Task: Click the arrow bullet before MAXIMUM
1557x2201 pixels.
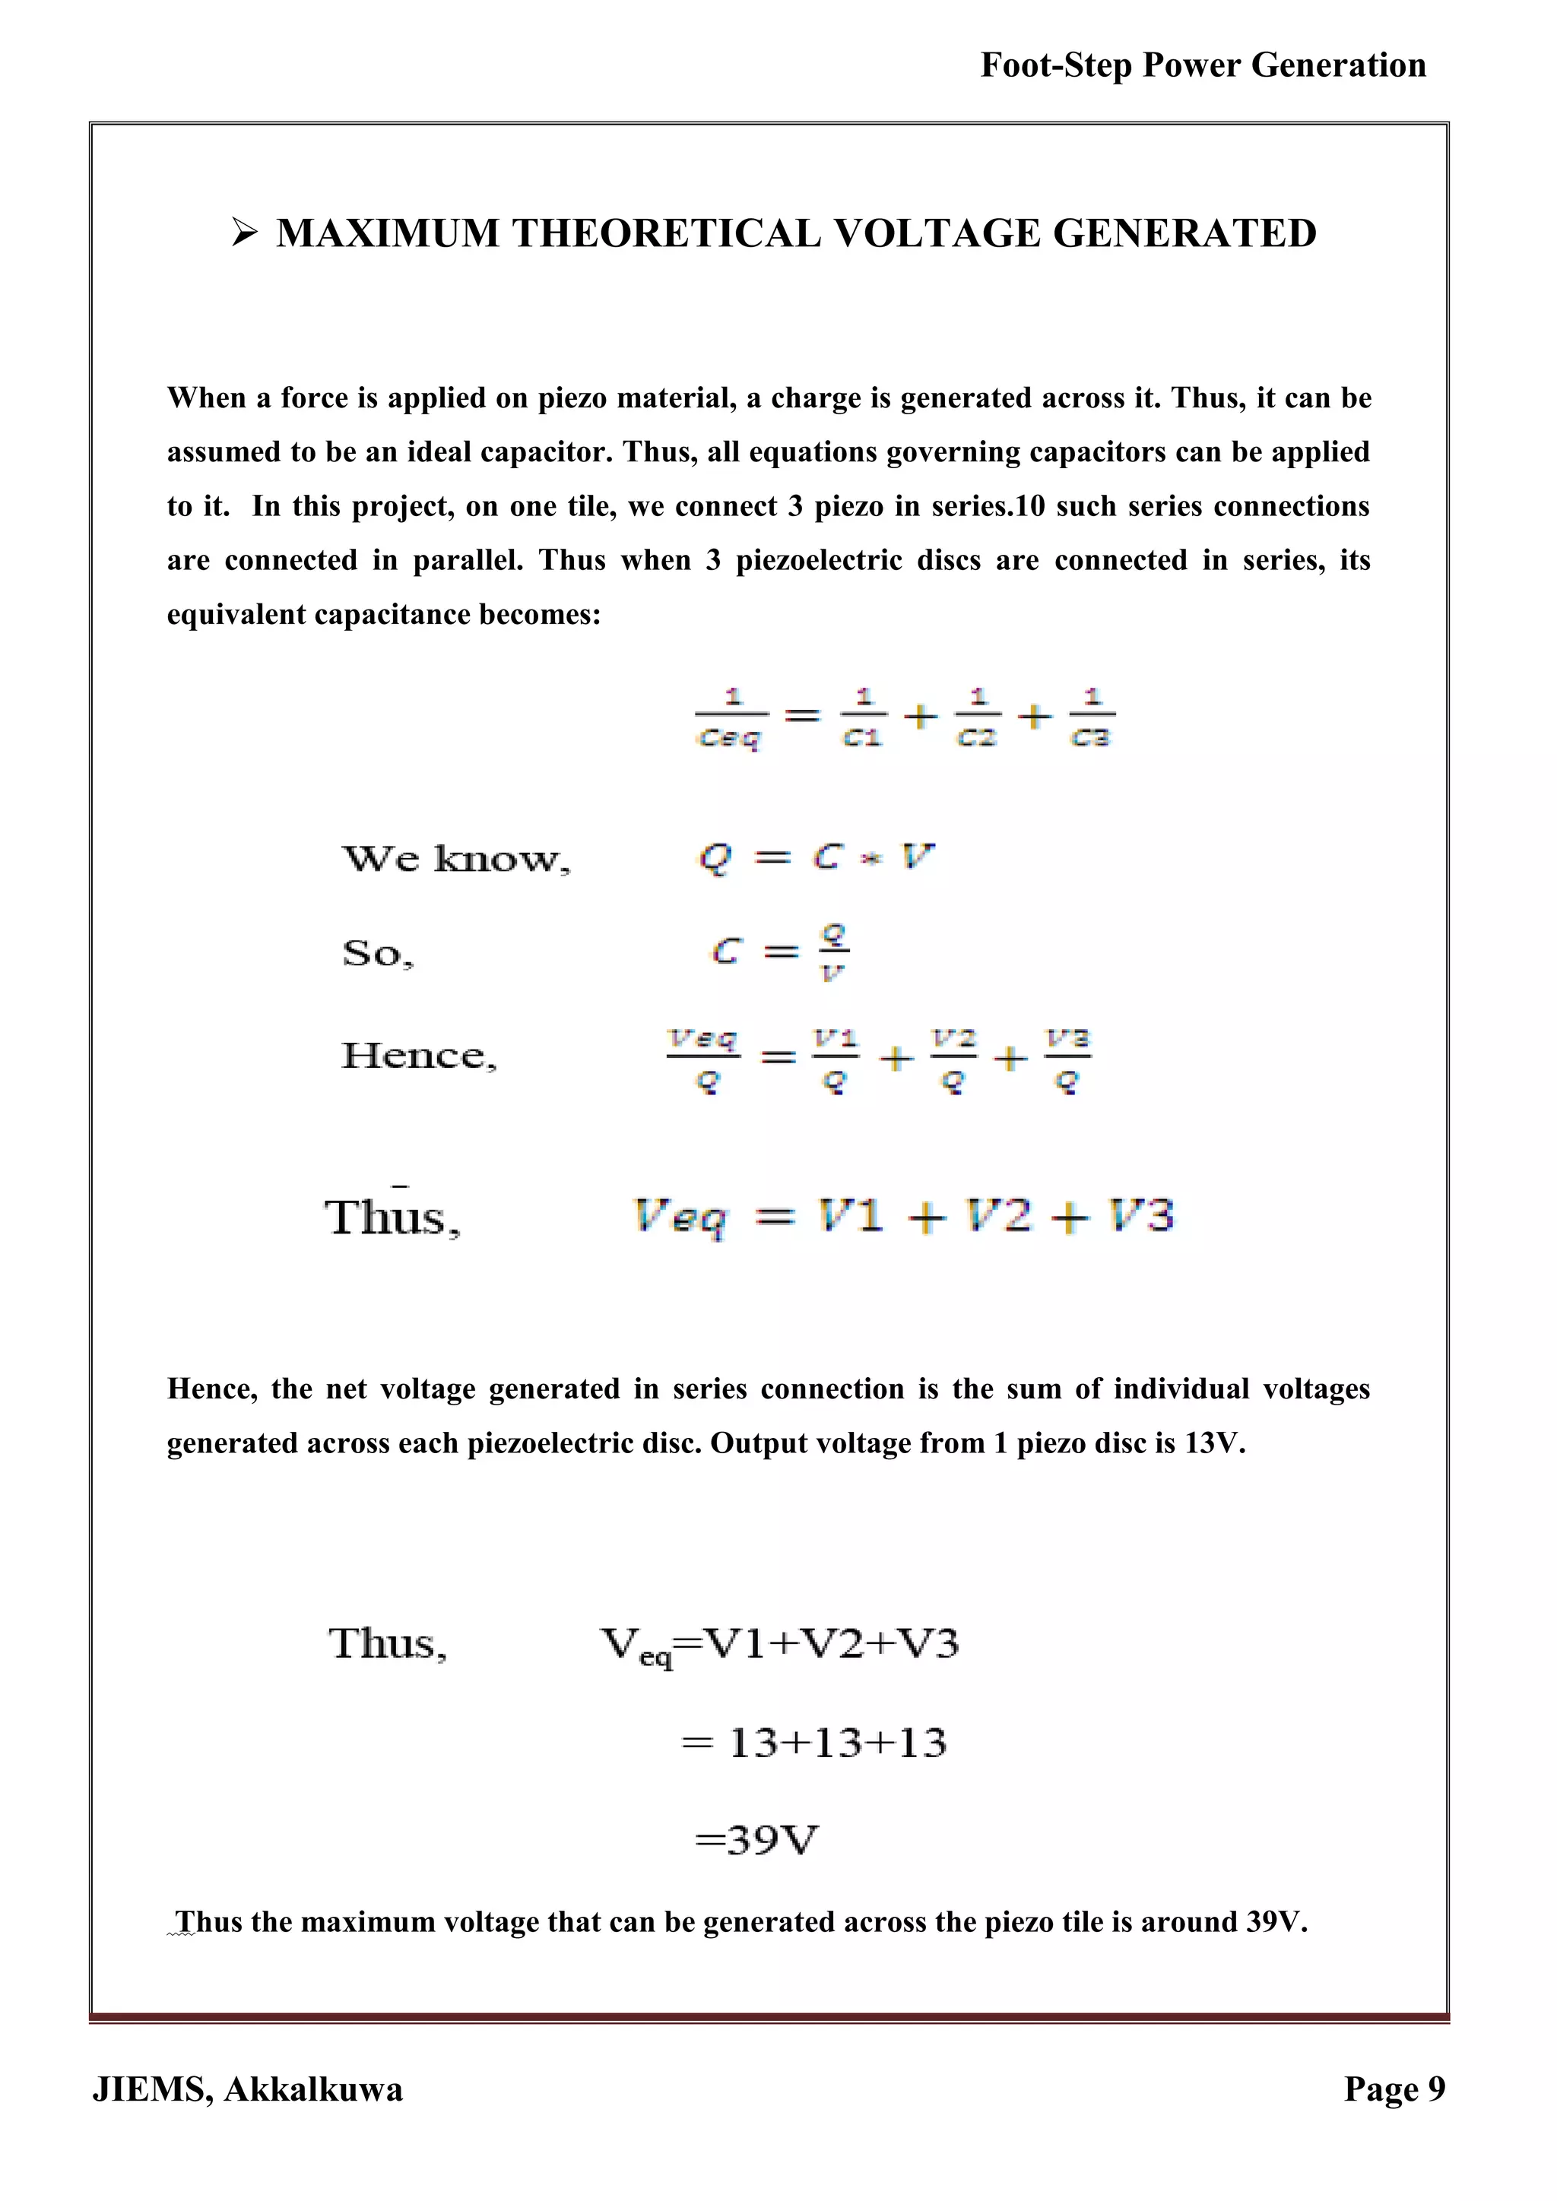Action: (246, 233)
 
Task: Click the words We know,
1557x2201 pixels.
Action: (455, 858)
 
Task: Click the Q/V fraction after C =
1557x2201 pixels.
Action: (833, 951)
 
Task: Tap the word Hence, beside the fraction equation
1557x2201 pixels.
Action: (419, 1056)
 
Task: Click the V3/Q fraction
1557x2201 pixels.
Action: (1068, 1059)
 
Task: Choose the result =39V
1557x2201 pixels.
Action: (756, 1839)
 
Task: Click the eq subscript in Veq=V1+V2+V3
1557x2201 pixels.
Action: (656, 1657)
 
